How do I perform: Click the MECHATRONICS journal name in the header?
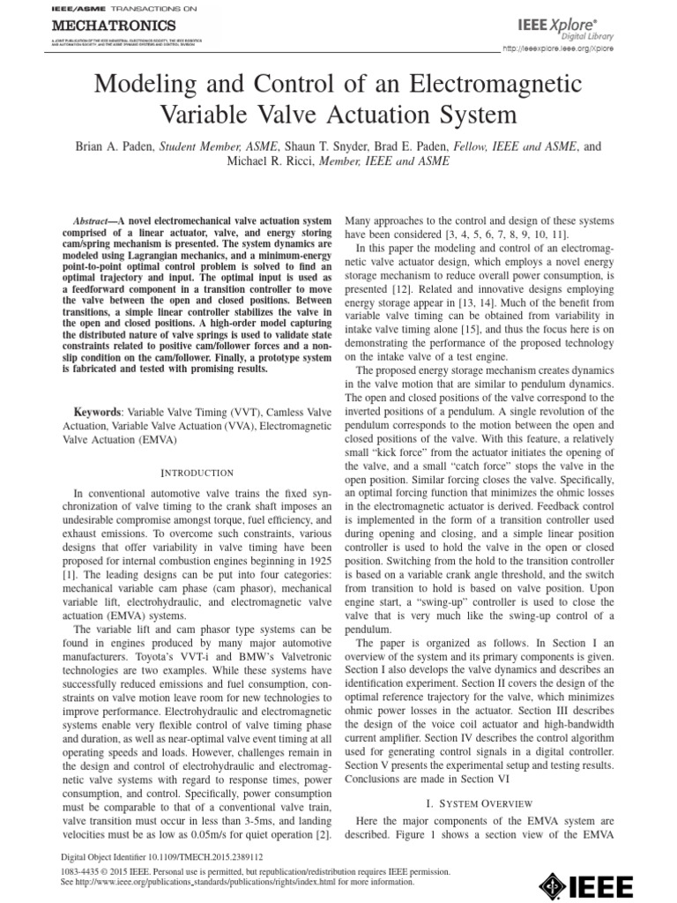(114, 26)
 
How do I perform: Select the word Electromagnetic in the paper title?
(497, 86)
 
